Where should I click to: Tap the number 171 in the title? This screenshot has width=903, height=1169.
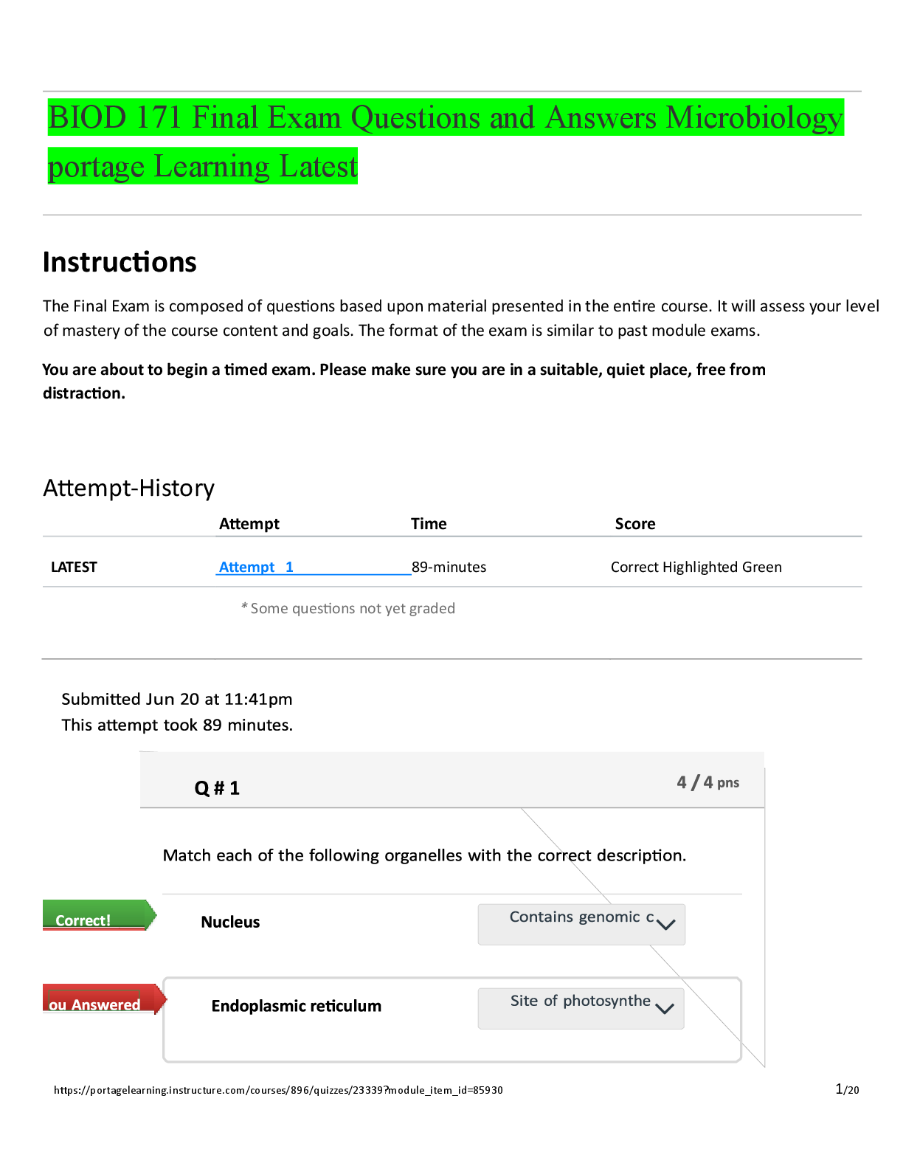159,118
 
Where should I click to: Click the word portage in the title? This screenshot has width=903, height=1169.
96,168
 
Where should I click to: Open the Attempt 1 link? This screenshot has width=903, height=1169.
256,567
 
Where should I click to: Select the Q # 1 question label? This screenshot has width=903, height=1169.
217,788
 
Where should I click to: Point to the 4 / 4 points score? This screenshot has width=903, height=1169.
707,782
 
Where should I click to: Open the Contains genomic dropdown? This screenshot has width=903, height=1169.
575,923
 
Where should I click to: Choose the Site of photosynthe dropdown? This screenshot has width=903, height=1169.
575,1007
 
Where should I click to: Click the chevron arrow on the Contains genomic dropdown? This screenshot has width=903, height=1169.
665,925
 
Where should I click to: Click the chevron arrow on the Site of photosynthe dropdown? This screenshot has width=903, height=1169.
664,1009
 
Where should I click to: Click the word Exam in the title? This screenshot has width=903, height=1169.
304,118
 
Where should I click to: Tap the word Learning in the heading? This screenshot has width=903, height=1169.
212,168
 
